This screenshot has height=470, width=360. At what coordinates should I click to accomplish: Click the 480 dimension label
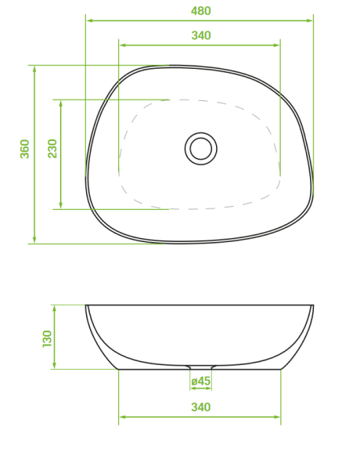201,11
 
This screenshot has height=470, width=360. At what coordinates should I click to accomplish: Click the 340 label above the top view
201,35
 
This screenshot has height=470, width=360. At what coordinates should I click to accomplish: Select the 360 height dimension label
24,149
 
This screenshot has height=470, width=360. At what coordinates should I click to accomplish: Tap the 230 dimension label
52,149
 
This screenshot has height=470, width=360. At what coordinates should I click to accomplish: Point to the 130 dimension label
47,338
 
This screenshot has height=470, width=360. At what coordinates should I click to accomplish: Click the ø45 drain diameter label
200,381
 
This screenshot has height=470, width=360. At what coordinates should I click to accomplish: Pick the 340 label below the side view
201,407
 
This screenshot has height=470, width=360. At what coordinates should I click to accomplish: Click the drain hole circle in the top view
200,149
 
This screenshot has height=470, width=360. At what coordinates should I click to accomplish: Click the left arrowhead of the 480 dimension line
89,20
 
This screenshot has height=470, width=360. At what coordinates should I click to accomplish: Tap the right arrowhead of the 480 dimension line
309,20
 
